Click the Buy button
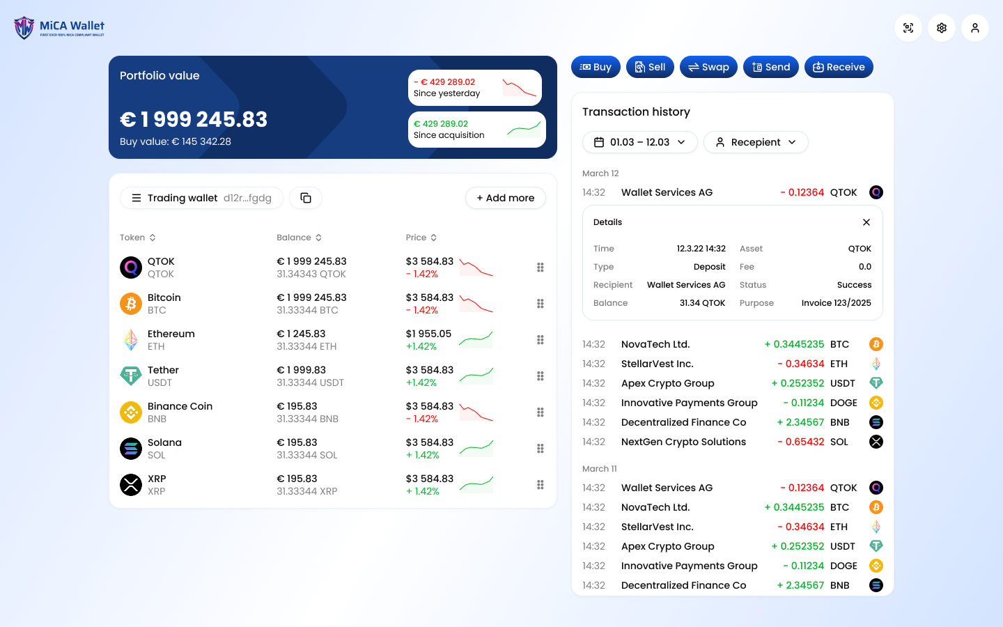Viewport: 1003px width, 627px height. (x=596, y=67)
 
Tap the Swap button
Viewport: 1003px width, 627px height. (x=708, y=67)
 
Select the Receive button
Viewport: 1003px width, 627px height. (x=839, y=67)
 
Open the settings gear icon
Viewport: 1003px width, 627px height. (x=942, y=28)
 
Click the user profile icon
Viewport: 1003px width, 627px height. (x=975, y=28)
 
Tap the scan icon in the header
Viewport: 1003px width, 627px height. (x=908, y=28)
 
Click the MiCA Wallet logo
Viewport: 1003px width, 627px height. (x=59, y=28)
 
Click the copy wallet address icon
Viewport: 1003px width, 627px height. (x=306, y=198)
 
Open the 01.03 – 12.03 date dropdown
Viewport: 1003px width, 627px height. (x=639, y=142)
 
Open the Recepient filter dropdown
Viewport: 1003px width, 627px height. (x=756, y=142)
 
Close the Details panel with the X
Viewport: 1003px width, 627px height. (x=866, y=222)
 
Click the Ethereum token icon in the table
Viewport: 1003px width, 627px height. (x=131, y=340)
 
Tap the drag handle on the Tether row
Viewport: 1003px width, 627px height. (x=541, y=376)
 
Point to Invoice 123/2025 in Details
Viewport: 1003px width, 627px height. (x=836, y=303)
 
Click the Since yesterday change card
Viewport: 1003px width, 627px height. (x=475, y=88)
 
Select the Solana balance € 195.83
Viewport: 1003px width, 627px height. (x=297, y=442)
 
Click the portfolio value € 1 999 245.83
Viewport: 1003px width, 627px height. (x=194, y=120)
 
